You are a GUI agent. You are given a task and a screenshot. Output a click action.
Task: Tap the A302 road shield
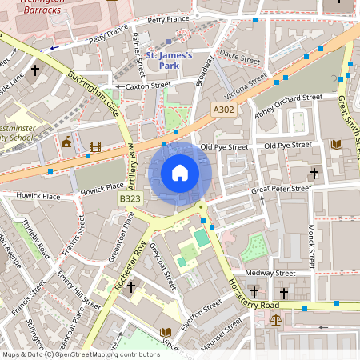[224, 110]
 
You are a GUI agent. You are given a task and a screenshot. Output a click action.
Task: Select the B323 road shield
[130, 198]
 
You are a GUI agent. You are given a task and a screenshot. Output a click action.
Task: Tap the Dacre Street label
[240, 58]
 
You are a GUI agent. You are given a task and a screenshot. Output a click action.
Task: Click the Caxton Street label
[149, 85]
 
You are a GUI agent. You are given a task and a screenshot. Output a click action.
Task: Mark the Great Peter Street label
[281, 189]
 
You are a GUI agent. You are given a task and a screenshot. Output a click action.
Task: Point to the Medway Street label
[270, 273]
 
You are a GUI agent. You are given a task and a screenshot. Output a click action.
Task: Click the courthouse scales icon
[276, 319]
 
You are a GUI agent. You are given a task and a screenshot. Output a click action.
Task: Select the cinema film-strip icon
[96, 146]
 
